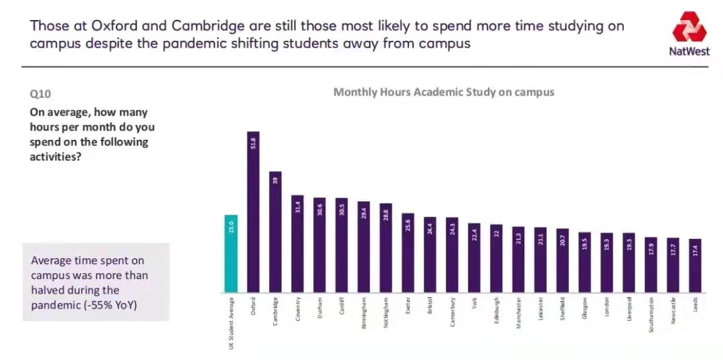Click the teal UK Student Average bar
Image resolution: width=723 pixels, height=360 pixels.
[x=231, y=254]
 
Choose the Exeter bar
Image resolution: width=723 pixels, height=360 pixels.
[x=408, y=254]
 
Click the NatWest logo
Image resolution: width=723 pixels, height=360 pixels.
[x=689, y=33]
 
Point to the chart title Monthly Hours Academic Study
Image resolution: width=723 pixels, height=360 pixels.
[x=444, y=92]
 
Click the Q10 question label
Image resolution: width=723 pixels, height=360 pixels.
[x=40, y=95]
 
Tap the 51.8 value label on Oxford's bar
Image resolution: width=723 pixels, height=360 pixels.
[x=253, y=142]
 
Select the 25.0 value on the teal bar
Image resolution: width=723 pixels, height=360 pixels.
[x=231, y=228]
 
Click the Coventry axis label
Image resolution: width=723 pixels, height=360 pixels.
[x=297, y=309]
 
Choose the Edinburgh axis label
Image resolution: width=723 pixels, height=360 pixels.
[x=496, y=311]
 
